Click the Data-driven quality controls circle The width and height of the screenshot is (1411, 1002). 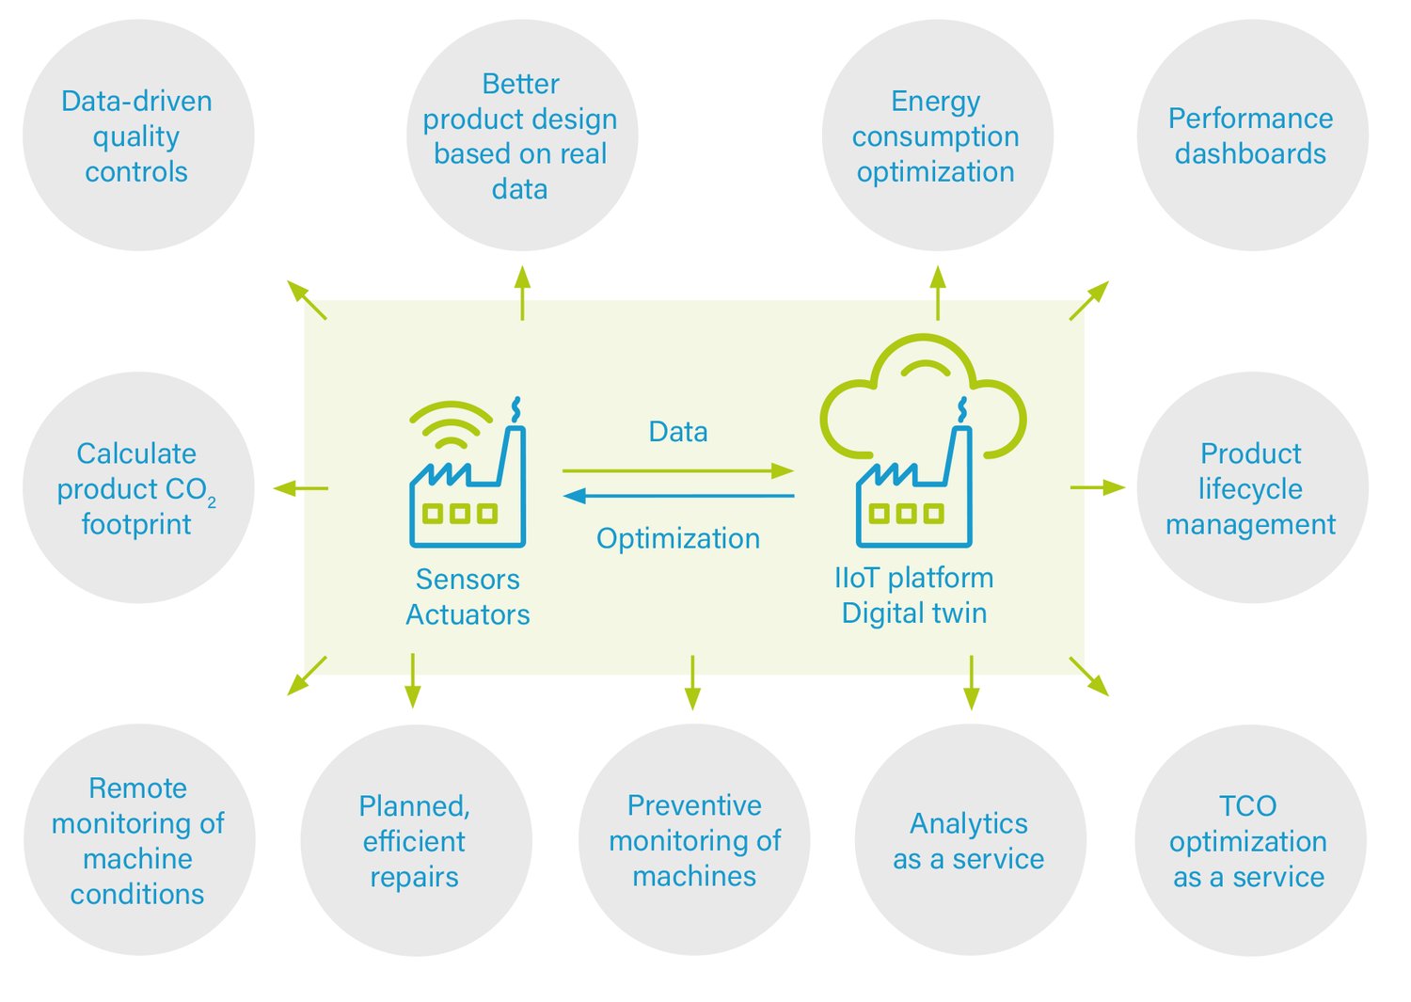tap(137, 135)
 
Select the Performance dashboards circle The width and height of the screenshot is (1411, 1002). tap(1251, 135)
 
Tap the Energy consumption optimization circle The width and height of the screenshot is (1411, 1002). tap(936, 135)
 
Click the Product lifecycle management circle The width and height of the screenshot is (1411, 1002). tap(1251, 487)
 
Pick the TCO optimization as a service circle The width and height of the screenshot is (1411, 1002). tap(1249, 840)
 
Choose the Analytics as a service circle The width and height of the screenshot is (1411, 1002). tap(969, 840)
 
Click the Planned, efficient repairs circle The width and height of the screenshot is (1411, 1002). tap(415, 840)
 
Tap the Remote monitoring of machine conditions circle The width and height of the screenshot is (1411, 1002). tap(138, 840)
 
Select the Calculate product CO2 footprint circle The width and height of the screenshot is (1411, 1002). tap(137, 487)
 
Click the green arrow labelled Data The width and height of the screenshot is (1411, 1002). tap(677, 470)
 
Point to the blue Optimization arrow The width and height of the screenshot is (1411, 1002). tap(677, 496)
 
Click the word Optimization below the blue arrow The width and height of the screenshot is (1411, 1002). tap(677, 538)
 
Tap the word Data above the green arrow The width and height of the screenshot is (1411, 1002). tap(677, 432)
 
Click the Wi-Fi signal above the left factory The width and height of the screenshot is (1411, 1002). tap(451, 425)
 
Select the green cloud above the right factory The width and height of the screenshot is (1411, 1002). tap(922, 386)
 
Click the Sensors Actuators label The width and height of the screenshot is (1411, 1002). tap(468, 596)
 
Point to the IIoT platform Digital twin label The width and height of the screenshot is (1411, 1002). tap(913, 595)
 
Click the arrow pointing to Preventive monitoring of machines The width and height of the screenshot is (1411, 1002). tap(693, 682)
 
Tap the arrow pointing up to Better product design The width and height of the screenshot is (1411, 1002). tap(523, 293)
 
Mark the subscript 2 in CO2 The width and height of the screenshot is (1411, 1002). tap(212, 503)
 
